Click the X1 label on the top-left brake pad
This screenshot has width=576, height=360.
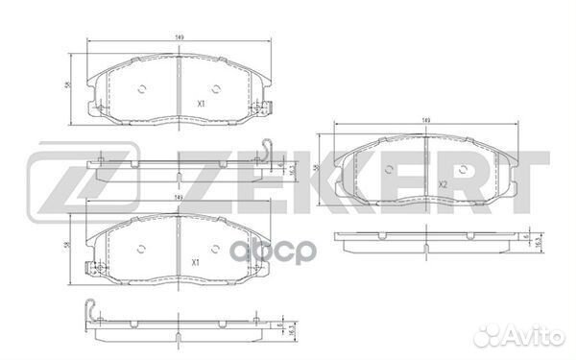pos(201,103)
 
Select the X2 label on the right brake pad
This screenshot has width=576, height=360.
pos(443,184)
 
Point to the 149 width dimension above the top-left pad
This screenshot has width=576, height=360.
pos(180,37)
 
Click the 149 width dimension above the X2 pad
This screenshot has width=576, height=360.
pos(426,120)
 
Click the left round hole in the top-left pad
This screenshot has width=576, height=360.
pos(141,91)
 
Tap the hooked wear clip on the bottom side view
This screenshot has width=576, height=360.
pos(92,309)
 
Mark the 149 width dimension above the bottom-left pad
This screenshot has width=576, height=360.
pos(179,199)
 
